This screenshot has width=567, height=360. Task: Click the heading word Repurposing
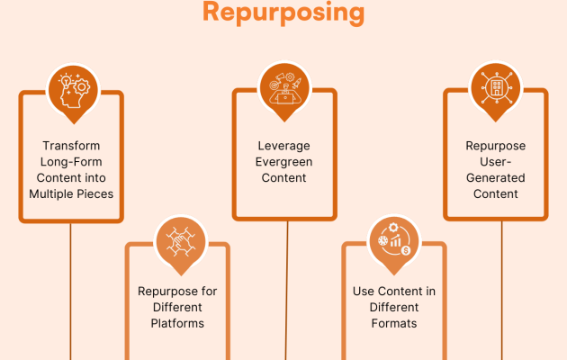(283, 13)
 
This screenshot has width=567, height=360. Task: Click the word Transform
(70, 145)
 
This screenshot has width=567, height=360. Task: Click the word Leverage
(284, 145)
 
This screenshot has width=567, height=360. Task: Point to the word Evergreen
(284, 161)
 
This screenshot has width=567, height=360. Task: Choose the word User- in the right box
(495, 161)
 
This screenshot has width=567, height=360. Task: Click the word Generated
(495, 177)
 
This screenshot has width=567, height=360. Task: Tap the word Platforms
(177, 323)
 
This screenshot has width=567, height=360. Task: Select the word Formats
(393, 323)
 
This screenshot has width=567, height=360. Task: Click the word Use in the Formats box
(362, 291)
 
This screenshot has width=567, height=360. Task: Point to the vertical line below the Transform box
(70, 288)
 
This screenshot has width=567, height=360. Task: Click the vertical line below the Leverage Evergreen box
(285, 288)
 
